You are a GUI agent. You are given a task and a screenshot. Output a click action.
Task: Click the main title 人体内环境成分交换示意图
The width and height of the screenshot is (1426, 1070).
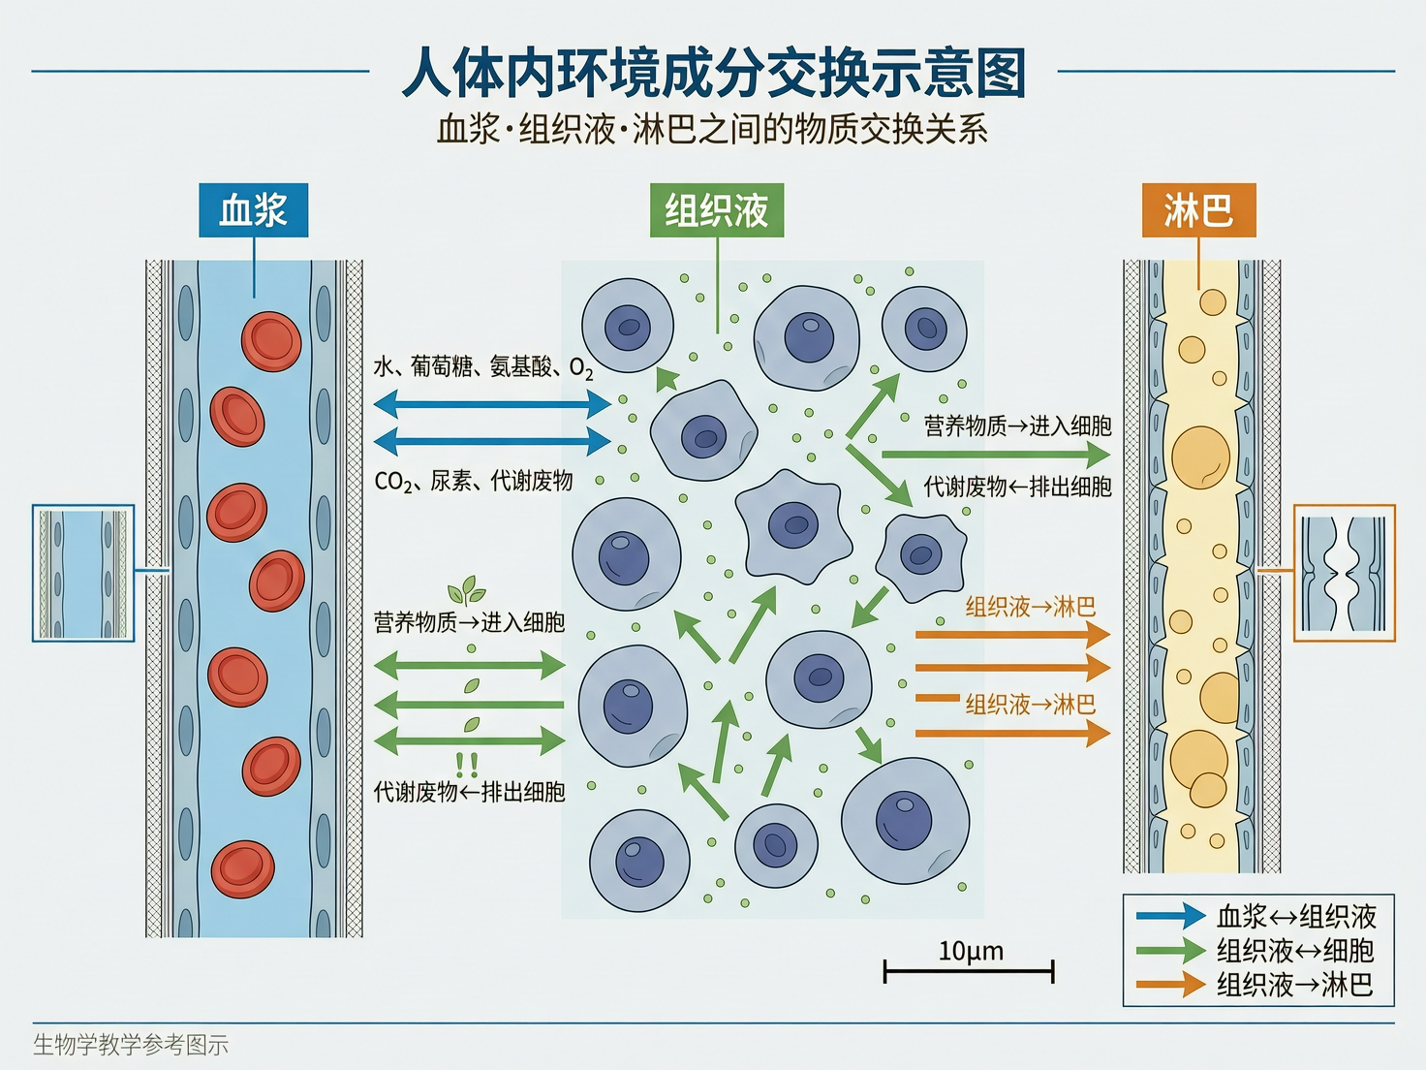pyautogui.click(x=713, y=73)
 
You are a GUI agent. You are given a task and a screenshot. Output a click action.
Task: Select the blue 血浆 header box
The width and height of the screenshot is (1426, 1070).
pyautogui.click(x=253, y=210)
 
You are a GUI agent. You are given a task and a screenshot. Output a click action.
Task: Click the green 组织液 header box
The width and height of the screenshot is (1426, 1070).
pyautogui.click(x=717, y=210)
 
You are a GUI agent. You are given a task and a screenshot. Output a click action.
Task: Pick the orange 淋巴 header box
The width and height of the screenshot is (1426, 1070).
pyautogui.click(x=1198, y=210)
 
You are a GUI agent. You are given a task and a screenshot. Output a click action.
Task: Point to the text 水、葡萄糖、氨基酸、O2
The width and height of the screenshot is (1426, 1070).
pyautogui.click(x=482, y=367)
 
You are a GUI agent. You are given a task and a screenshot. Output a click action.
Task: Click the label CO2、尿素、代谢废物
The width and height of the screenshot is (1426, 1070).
pyautogui.click(x=473, y=481)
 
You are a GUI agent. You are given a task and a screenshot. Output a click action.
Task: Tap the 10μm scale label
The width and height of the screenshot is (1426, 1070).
pyautogui.click(x=971, y=951)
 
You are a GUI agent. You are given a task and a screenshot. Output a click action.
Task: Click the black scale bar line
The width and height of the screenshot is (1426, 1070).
pyautogui.click(x=969, y=970)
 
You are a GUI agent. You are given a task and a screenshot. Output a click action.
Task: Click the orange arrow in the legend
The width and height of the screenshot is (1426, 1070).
pyautogui.click(x=1170, y=986)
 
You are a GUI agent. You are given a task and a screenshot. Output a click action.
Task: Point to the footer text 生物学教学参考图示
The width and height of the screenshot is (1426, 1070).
pyautogui.click(x=131, y=1045)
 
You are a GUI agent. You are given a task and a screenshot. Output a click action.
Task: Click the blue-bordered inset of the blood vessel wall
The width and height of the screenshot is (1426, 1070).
pyautogui.click(x=83, y=573)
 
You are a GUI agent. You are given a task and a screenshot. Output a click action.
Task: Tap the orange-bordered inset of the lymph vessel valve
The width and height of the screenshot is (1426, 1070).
pyautogui.click(x=1345, y=573)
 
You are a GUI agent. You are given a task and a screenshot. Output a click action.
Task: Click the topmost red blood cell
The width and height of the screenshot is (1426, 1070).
pyautogui.click(x=271, y=341)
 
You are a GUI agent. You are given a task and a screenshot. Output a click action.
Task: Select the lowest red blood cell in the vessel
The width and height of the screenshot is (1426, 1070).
pyautogui.click(x=243, y=868)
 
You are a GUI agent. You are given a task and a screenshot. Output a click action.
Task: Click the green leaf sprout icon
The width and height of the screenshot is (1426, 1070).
pyautogui.click(x=467, y=589)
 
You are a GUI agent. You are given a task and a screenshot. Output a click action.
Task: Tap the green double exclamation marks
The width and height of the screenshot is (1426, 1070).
pyautogui.click(x=467, y=765)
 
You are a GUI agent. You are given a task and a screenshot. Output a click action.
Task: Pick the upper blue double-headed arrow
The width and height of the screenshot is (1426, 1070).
pyautogui.click(x=492, y=402)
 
